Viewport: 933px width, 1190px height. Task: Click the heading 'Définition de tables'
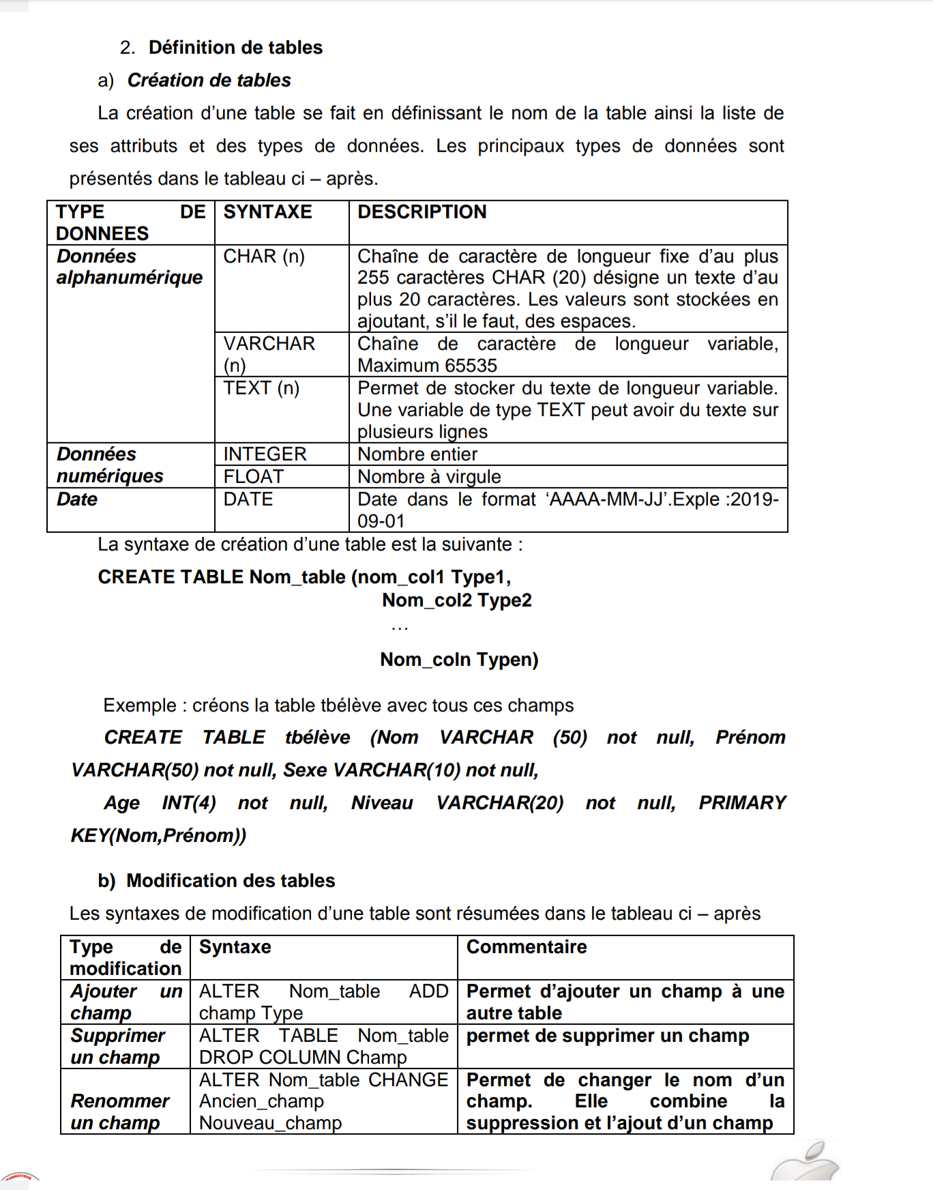pos(235,48)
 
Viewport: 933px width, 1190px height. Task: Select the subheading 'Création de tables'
pos(209,81)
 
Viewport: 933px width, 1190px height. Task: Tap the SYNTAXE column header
pos(267,212)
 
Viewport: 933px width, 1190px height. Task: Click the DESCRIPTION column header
pos(422,212)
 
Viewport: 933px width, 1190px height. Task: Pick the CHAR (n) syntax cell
pos(264,257)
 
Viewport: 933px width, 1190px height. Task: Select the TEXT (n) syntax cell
pos(261,388)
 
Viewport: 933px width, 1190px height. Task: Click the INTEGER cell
pos(265,454)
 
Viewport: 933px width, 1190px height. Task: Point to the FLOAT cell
pos(253,477)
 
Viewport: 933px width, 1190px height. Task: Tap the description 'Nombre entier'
pos(417,454)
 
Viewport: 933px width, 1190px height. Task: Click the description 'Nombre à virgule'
pos(429,477)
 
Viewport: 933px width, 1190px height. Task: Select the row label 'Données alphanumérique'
pos(130,267)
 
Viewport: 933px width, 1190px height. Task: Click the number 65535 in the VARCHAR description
pos(470,366)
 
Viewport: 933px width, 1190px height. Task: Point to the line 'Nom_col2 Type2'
pos(457,600)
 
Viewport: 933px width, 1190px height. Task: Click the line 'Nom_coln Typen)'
pos(459,660)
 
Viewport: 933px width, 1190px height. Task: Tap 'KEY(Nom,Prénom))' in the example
pos(158,836)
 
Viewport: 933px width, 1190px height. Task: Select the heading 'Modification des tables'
pos(231,881)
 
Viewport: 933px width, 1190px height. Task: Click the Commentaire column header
pos(527,947)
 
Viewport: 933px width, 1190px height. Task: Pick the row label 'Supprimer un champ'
pos(117,1047)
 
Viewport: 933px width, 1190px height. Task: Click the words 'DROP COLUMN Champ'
pos(303,1058)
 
